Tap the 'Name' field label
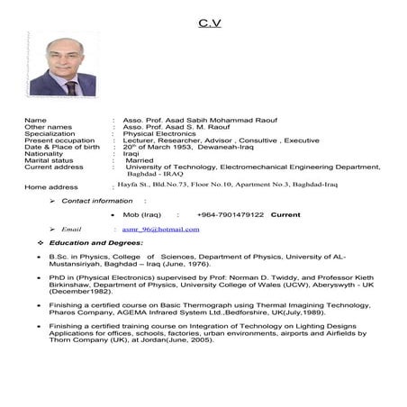35,120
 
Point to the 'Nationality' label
44,153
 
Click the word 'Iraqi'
131,153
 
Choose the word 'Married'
140,160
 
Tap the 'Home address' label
51,187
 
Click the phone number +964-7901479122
230,215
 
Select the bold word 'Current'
285,215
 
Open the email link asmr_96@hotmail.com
160,230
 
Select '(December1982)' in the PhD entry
75,294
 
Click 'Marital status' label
50,160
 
